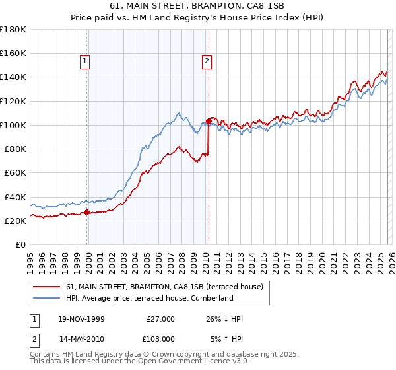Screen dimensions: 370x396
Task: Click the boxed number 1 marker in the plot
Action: [85, 61]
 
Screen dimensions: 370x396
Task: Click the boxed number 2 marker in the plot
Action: [207, 61]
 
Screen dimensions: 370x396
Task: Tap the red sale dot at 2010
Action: [209, 121]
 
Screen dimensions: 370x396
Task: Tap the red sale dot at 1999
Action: [87, 213]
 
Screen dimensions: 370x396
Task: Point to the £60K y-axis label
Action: [15, 172]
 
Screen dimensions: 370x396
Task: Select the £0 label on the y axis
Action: [20, 244]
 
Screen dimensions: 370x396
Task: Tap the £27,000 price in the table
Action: [160, 319]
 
